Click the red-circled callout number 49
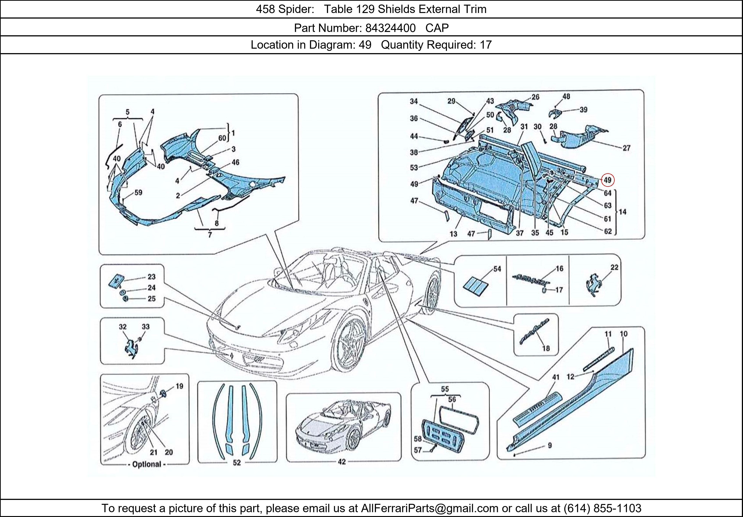tap(607, 180)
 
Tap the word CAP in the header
tap(437, 28)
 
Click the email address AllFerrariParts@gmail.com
tap(429, 508)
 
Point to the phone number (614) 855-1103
tap(602, 508)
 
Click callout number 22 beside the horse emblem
tap(614, 267)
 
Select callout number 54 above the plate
tap(497, 269)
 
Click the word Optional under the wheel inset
tap(147, 464)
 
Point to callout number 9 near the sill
tap(549, 446)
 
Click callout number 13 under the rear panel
tap(453, 234)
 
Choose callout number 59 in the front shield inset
tap(138, 193)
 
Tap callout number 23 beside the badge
tap(151, 277)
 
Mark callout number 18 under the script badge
tap(546, 348)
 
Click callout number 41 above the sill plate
tap(556, 377)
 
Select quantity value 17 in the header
tap(485, 45)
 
